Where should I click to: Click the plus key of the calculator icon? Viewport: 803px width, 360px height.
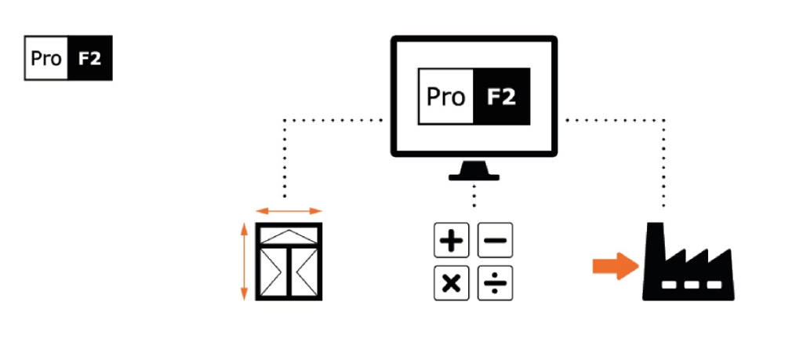[x=451, y=241]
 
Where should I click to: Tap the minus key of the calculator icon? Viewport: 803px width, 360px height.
[x=495, y=241]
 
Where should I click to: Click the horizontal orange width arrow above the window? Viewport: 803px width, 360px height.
[x=289, y=211]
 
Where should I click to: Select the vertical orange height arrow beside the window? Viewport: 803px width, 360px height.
[x=245, y=261]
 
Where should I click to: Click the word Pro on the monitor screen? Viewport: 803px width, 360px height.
[x=446, y=97]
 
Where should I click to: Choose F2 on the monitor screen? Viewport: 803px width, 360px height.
[x=502, y=97]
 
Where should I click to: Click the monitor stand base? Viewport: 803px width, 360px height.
[x=474, y=176]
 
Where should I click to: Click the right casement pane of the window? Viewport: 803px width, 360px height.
[x=303, y=271]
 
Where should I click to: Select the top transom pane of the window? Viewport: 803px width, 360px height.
[x=289, y=234]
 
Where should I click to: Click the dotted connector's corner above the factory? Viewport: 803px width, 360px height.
[x=665, y=120]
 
